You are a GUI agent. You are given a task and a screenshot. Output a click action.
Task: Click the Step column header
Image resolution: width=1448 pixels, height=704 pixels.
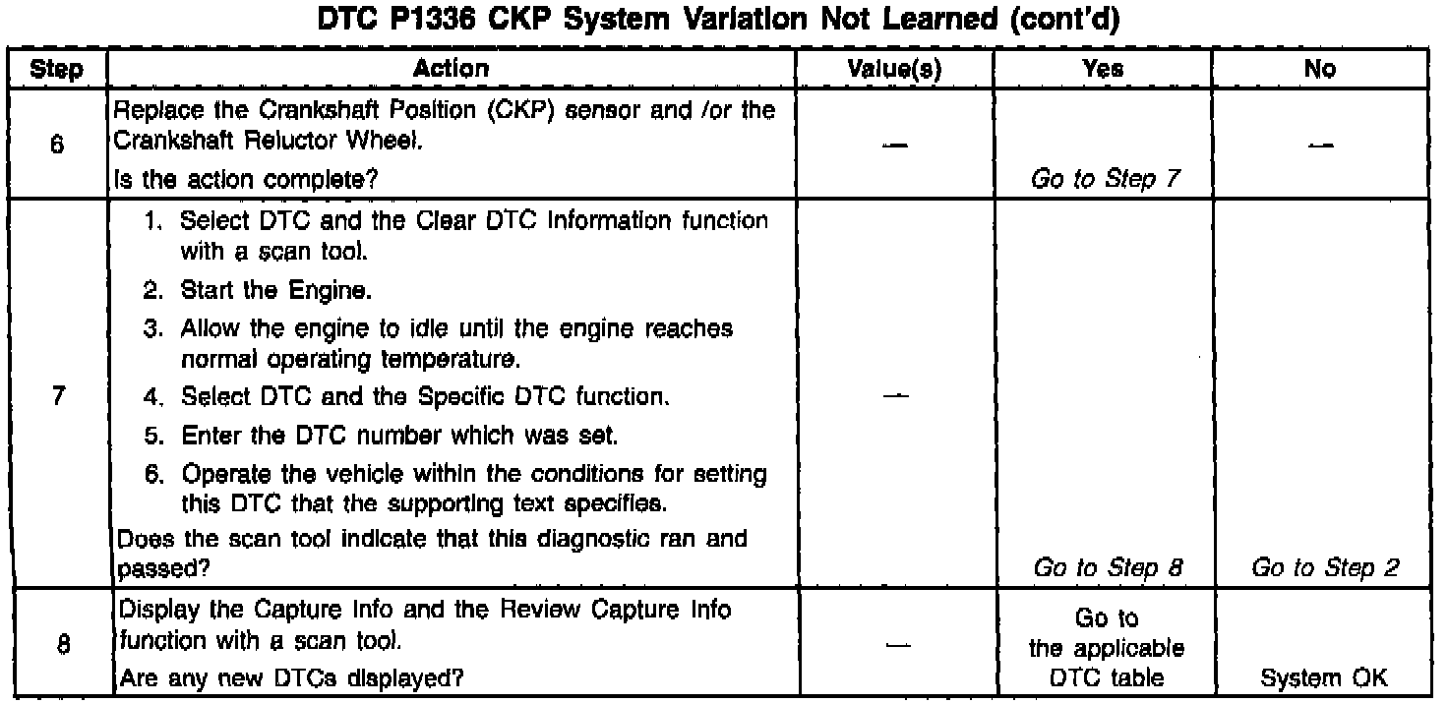pos(56,69)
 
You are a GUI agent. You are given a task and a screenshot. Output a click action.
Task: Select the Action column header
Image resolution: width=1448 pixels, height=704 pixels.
pos(452,69)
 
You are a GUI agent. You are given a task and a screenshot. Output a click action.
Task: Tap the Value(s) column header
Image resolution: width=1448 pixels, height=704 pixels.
pos(894,69)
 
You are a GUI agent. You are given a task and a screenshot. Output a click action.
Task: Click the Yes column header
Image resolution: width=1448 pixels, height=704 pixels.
pos(1102,69)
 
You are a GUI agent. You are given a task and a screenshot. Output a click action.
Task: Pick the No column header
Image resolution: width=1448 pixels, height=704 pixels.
pos(1320,69)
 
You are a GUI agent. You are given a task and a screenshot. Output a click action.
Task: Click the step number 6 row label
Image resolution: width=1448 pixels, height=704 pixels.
pos(56,143)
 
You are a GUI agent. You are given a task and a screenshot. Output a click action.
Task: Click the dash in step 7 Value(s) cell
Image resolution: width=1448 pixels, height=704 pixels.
pos(894,397)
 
